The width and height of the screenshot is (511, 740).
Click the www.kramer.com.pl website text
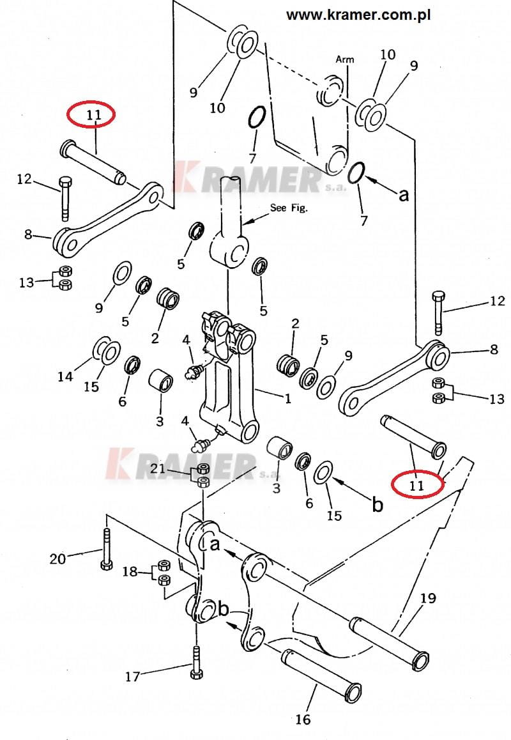click(358, 15)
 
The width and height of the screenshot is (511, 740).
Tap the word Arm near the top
click(345, 59)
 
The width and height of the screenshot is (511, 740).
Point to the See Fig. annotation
click(289, 208)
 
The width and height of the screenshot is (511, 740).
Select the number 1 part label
click(288, 399)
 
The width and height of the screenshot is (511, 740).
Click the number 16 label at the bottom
click(303, 719)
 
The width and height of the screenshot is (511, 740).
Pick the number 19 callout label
click(427, 598)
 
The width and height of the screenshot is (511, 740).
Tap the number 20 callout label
click(58, 559)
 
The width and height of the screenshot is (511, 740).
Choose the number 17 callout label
click(133, 676)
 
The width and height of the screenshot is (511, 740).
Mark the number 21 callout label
click(158, 468)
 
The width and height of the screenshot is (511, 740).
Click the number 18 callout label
click(130, 571)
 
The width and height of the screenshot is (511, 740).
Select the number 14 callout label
click(66, 376)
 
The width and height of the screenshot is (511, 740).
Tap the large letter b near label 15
click(378, 504)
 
